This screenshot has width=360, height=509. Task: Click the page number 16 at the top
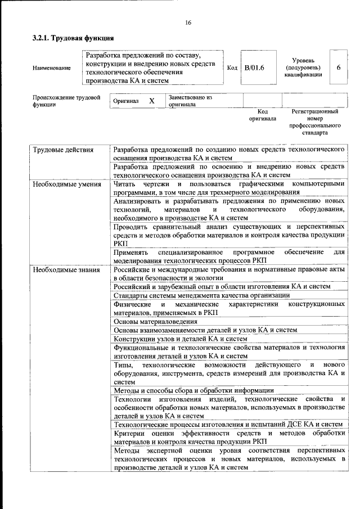(188, 22)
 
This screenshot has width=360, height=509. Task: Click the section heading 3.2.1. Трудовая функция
(73, 39)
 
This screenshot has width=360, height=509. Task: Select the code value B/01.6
(254, 68)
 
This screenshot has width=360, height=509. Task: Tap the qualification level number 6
(339, 67)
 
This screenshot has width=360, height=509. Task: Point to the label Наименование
(52, 68)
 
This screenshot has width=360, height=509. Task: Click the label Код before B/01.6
(232, 68)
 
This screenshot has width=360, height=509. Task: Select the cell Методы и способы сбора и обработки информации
(193, 390)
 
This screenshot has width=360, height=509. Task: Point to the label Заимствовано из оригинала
(190, 101)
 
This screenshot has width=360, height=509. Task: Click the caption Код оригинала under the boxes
(262, 115)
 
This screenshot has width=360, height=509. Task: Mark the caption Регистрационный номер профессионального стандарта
(316, 123)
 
